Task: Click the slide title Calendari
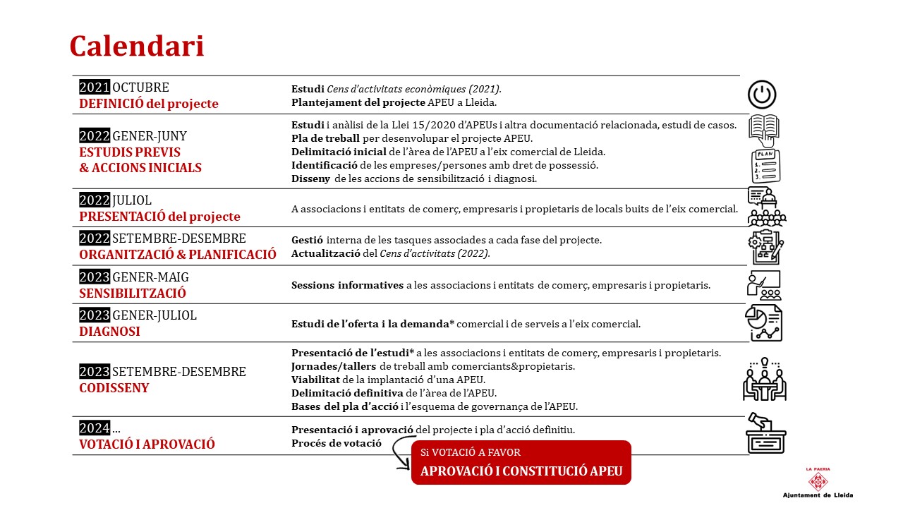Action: click(x=137, y=47)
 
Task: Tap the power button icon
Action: click(x=762, y=95)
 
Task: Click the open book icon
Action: click(x=763, y=130)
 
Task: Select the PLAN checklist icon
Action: click(x=765, y=166)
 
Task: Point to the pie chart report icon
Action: click(x=764, y=323)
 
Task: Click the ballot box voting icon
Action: click(x=765, y=433)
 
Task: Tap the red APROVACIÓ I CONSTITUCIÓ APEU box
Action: click(x=521, y=463)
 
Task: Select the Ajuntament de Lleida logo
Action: click(x=818, y=483)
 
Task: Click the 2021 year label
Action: click(x=95, y=87)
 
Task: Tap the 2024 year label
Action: click(x=95, y=428)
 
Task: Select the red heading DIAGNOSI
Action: click(x=109, y=331)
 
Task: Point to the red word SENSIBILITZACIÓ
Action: click(x=133, y=293)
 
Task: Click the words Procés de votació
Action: click(x=337, y=444)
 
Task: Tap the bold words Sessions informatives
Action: click(x=347, y=286)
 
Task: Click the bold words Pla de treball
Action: click(x=325, y=138)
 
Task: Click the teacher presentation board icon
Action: click(x=763, y=285)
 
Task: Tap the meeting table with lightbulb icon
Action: click(x=765, y=380)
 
